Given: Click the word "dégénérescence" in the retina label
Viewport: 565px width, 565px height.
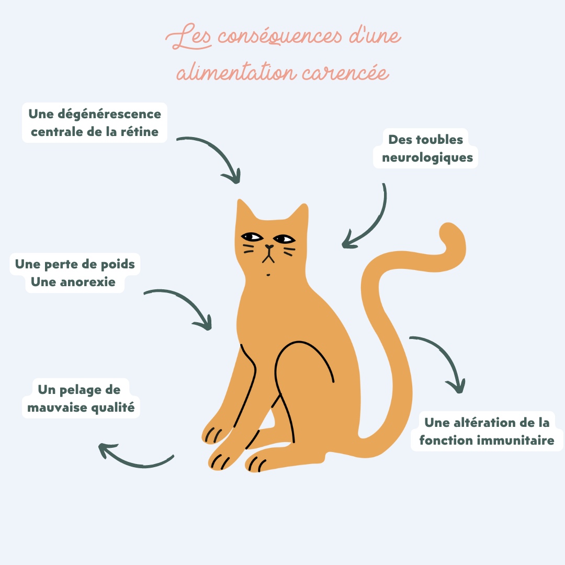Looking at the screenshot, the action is click(109, 115).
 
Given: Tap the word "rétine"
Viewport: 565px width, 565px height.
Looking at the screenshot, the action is click(140, 131).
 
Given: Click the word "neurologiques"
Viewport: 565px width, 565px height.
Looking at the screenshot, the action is click(427, 158).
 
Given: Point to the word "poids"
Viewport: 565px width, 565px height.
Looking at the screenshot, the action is click(118, 264).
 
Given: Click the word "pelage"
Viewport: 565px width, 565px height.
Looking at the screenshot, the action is click(80, 390).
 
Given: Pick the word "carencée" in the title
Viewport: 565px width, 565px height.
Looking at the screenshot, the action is click(345, 72).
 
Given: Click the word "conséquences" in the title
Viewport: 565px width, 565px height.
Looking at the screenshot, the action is click(279, 37).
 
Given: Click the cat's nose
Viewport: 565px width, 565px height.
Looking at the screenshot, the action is click(269, 247).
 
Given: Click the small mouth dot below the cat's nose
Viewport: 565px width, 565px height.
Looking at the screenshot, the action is click(268, 275).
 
